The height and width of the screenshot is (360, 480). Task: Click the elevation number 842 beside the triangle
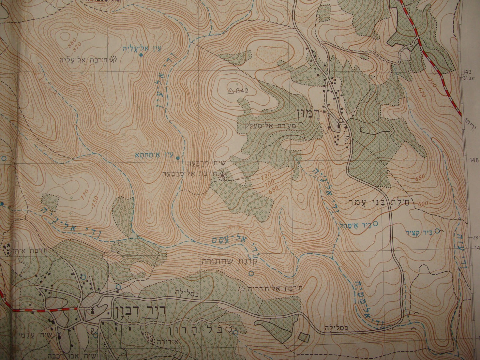(242, 90)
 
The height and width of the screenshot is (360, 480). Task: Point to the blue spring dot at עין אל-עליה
(141, 55)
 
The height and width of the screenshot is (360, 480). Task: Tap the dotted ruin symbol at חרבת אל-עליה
(114, 59)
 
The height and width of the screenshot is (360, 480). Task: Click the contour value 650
(420, 177)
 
